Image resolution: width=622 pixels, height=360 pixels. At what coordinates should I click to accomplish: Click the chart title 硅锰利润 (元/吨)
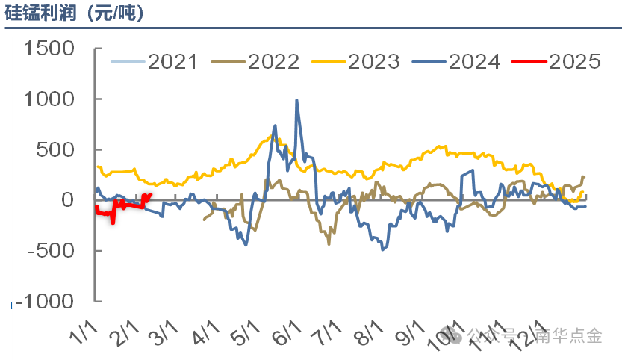(75, 13)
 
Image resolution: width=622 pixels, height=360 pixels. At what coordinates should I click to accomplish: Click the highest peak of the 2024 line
(296, 100)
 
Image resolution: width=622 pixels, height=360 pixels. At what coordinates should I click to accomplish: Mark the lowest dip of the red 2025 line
(113, 222)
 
